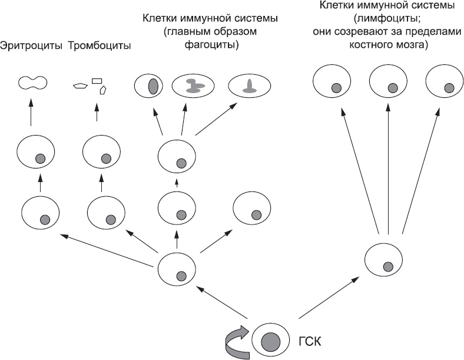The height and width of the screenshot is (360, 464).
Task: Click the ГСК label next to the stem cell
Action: click(307, 341)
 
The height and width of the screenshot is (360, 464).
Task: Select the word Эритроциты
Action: click(32, 45)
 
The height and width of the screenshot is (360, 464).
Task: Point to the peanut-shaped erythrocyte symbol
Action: click(32, 84)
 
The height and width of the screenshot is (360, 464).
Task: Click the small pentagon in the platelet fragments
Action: click(79, 86)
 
